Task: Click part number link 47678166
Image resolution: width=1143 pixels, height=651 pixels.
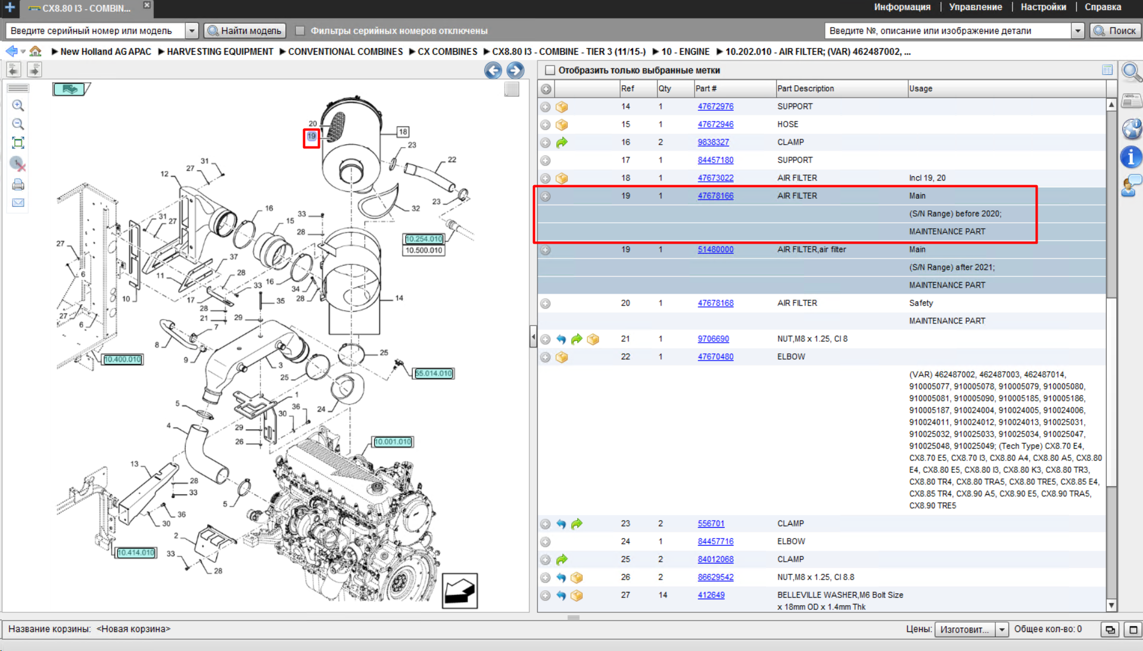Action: click(x=715, y=196)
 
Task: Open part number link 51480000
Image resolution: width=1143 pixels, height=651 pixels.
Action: click(x=715, y=250)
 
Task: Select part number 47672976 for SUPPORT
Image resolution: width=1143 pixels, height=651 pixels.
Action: click(x=715, y=107)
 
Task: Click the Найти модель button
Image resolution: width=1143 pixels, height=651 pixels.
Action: click(x=244, y=30)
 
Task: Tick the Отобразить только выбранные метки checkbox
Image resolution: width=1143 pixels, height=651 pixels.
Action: click(x=550, y=70)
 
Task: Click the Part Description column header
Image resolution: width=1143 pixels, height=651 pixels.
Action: click(x=805, y=89)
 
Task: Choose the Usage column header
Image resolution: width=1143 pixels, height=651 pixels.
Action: click(x=920, y=89)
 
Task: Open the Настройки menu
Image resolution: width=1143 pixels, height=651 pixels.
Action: click(x=1043, y=7)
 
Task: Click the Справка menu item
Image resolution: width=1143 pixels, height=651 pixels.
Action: click(x=1102, y=7)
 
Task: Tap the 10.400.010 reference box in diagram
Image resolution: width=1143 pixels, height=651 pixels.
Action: click(x=122, y=359)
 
